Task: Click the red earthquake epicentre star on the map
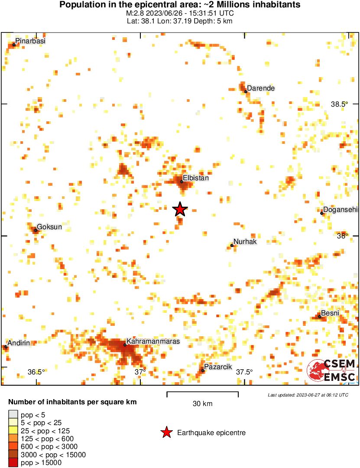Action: (x=180, y=210)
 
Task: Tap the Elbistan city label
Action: (x=196, y=178)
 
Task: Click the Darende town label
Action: (x=261, y=88)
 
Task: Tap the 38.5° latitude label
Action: (x=340, y=104)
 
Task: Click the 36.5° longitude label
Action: (x=36, y=372)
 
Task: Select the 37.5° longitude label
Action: (x=244, y=372)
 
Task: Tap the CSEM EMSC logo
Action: (x=331, y=370)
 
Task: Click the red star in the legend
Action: (x=166, y=432)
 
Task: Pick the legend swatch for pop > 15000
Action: (x=13, y=462)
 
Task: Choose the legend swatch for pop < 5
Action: (x=13, y=415)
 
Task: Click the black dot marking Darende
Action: (x=246, y=91)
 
